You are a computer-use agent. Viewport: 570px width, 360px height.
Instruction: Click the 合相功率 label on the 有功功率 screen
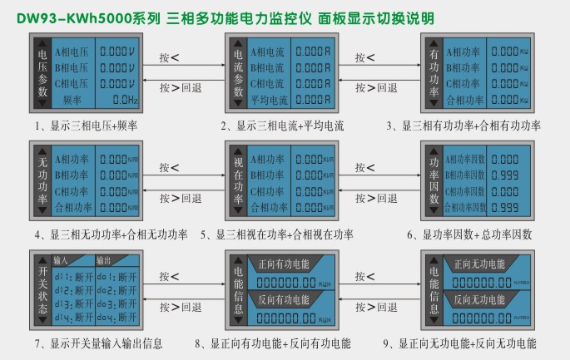[465, 100]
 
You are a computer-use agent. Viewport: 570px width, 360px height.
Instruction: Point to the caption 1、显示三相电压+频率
[86, 126]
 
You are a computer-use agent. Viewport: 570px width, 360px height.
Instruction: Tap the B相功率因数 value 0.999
[506, 175]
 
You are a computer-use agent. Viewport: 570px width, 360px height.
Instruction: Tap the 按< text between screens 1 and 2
[169, 57]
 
